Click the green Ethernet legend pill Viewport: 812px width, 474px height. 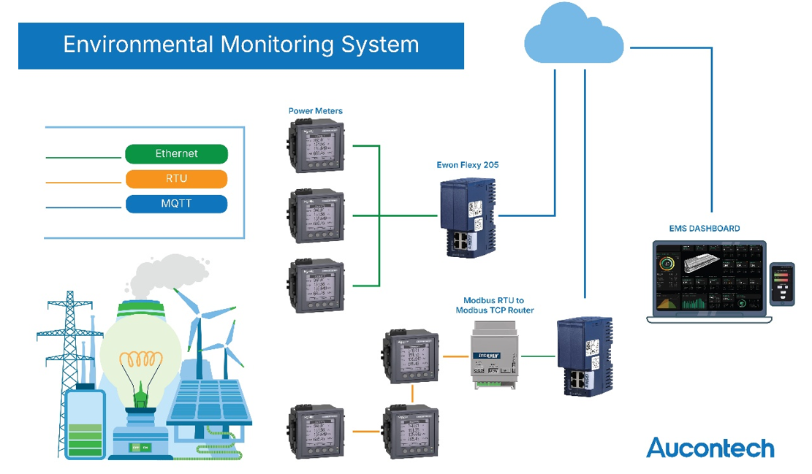click(176, 154)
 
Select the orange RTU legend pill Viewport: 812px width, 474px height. click(176, 179)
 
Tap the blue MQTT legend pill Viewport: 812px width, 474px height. click(176, 204)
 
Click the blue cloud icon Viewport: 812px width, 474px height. click(574, 37)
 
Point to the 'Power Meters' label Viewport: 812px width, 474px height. click(316, 111)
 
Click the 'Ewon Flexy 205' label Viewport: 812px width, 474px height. click(468, 165)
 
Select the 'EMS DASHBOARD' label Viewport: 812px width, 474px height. click(705, 229)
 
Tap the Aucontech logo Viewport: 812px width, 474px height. click(710, 447)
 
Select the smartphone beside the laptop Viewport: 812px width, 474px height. click(783, 284)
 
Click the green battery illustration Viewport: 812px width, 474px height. click(85, 424)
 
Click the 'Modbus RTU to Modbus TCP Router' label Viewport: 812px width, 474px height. click(495, 305)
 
